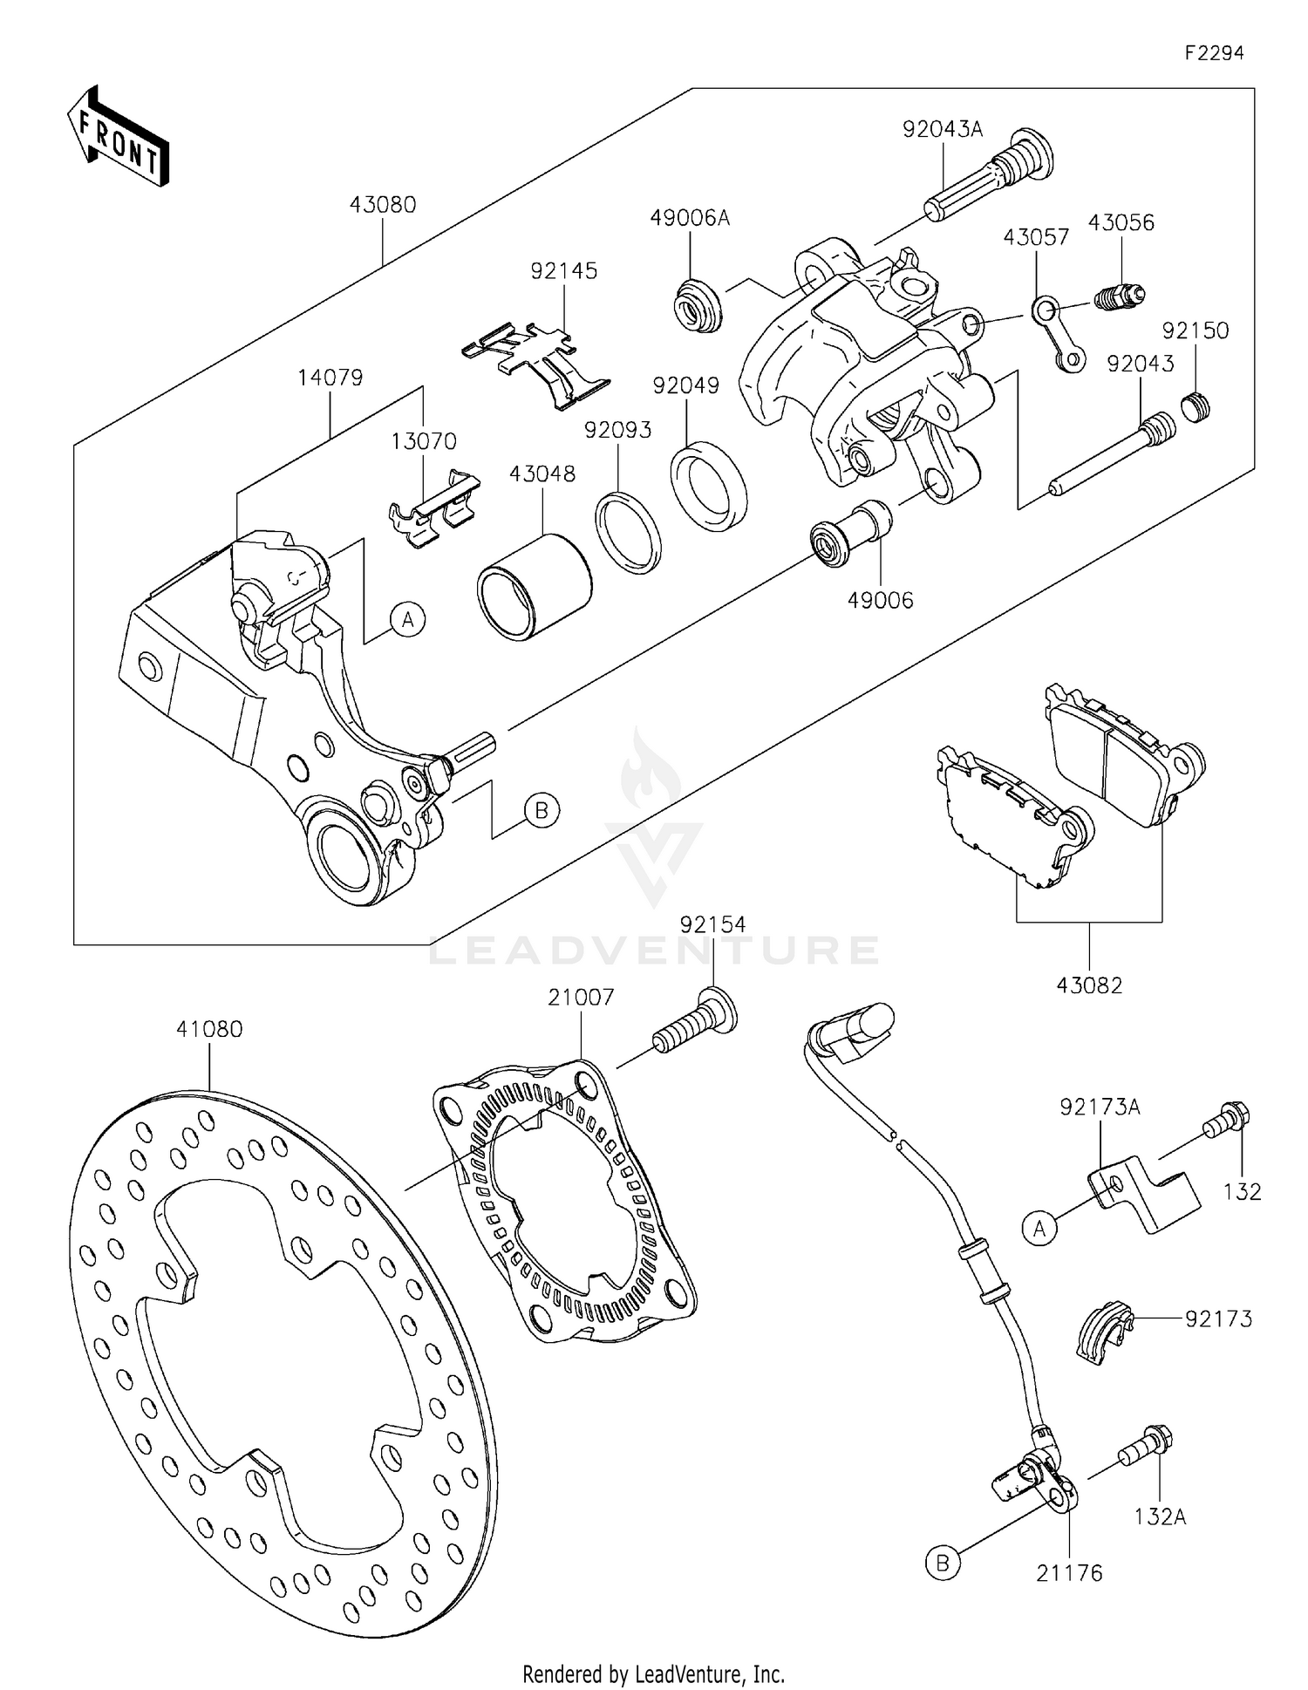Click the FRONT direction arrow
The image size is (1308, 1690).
(x=117, y=137)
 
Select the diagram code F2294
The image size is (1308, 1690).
(x=1213, y=53)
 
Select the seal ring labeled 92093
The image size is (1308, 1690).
(x=628, y=533)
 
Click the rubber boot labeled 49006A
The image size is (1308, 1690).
(x=698, y=305)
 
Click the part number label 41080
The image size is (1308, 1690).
(x=209, y=1029)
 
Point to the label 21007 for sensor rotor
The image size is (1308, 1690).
(x=581, y=997)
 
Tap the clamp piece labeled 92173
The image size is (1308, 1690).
(x=1102, y=1331)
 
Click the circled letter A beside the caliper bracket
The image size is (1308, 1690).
(x=407, y=620)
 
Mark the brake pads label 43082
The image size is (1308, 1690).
(x=1089, y=985)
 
